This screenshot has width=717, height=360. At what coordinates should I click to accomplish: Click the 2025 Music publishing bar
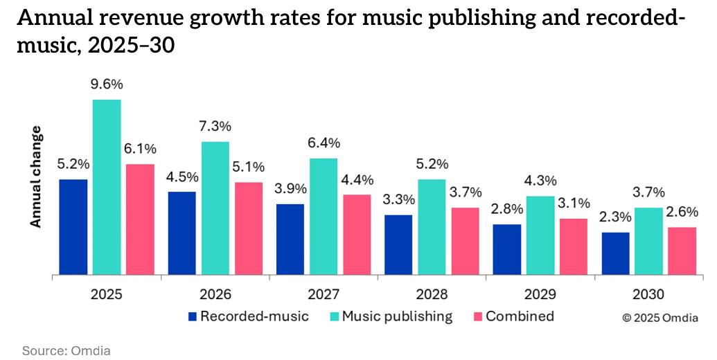coord(107,187)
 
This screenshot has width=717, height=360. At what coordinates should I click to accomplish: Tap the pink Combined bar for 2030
coord(682,251)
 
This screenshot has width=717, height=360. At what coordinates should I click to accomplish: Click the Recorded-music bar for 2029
coord(506,249)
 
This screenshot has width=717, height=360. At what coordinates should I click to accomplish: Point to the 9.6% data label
coord(107,84)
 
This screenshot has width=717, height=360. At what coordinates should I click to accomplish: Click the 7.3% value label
coord(215,127)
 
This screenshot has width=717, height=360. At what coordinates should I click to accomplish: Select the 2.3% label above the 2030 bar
coord(615,217)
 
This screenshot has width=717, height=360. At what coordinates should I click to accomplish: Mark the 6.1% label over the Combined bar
coord(140,149)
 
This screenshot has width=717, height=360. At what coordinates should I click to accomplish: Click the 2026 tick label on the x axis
coord(215,294)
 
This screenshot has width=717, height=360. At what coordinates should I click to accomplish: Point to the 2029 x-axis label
coord(540,294)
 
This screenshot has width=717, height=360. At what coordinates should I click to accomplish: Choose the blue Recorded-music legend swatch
coord(193,317)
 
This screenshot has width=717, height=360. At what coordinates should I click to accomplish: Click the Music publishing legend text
coord(397,316)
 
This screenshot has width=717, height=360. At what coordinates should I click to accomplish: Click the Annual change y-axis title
coord(36,177)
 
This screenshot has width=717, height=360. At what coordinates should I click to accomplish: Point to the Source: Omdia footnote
coord(67,350)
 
